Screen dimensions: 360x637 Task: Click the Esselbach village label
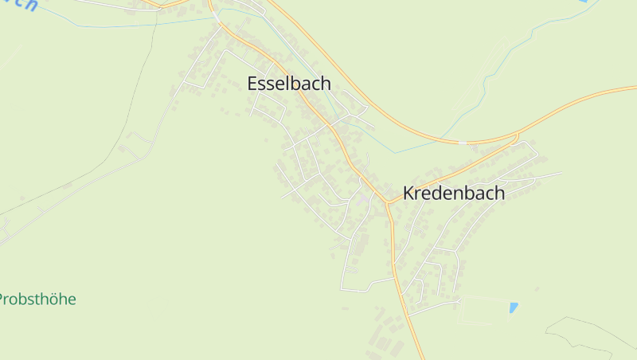289,84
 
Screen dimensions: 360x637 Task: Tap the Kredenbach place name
453,193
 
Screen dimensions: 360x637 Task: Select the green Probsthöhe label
37,299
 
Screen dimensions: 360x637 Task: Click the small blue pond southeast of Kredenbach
514,307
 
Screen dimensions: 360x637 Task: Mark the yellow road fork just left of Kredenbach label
388,202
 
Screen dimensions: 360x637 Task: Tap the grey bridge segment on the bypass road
463,143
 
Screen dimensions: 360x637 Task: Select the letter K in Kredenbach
409,193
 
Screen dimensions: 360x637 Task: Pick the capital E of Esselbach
253,84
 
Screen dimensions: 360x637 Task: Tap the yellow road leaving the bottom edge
420,355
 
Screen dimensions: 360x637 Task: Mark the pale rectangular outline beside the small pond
486,310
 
